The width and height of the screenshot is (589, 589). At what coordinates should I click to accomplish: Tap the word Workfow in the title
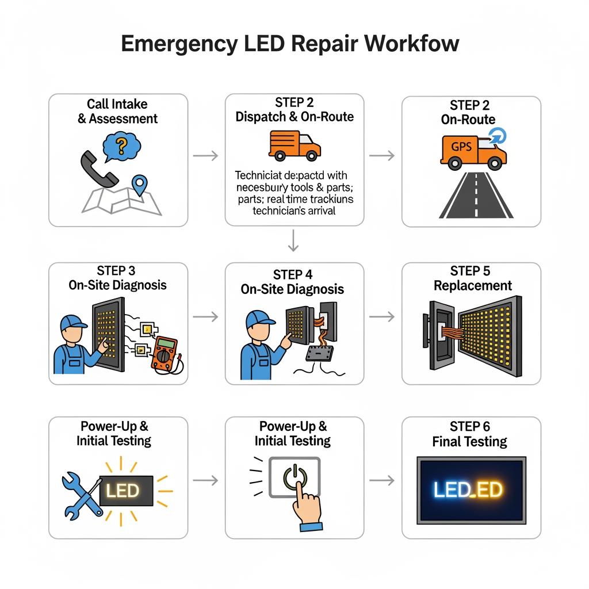(x=412, y=44)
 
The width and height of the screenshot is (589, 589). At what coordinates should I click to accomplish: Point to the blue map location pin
(x=140, y=185)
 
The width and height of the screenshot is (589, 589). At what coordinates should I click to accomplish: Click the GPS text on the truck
(x=461, y=147)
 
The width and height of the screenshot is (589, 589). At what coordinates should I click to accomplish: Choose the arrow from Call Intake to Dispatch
(x=205, y=155)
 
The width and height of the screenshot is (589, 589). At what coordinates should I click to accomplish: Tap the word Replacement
(x=472, y=286)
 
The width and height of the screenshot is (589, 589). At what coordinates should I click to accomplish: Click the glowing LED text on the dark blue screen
(x=469, y=489)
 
